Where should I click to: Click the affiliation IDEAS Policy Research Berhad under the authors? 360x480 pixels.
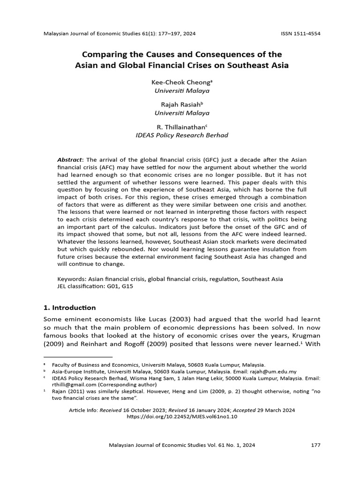181,135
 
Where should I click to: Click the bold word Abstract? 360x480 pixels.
69,159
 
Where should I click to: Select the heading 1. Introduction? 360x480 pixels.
69,307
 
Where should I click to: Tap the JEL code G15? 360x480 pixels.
127,286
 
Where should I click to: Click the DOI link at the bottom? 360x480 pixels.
182,416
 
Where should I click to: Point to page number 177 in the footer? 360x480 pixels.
315,445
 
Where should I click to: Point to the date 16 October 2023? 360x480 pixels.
144,410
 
